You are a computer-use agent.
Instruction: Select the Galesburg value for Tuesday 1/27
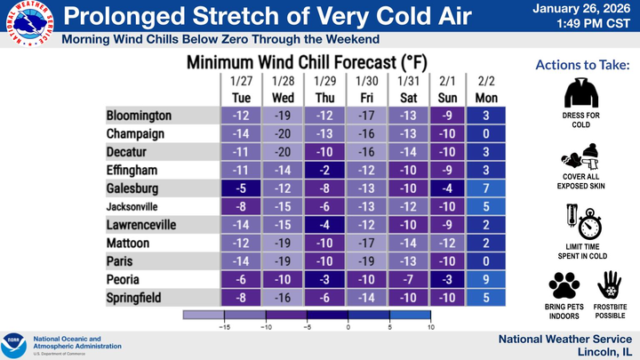click(x=241, y=188)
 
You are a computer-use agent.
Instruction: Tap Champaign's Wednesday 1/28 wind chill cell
click(x=284, y=134)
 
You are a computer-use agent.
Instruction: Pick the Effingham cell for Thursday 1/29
click(x=326, y=171)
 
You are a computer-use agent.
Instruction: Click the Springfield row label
click(x=134, y=299)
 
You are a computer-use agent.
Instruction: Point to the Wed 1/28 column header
click(x=284, y=89)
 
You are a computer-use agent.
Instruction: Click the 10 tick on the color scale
click(x=430, y=327)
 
